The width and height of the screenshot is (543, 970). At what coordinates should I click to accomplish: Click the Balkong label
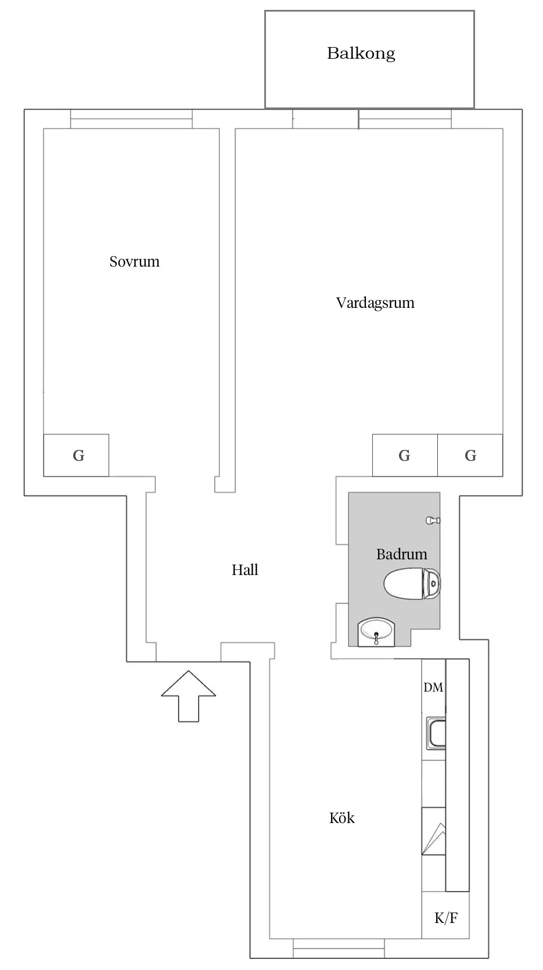pyautogui.click(x=361, y=53)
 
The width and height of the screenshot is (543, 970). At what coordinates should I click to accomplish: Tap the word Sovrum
pyautogui.click(x=134, y=261)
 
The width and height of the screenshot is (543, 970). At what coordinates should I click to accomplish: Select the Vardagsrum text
pyautogui.click(x=375, y=303)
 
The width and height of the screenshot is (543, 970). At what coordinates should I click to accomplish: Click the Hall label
pyautogui.click(x=244, y=570)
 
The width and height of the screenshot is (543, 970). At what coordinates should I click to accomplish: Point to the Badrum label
pyautogui.click(x=401, y=554)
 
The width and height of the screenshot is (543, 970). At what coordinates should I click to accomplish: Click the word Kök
pyautogui.click(x=341, y=818)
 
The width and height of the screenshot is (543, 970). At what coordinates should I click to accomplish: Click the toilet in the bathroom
pyautogui.click(x=412, y=584)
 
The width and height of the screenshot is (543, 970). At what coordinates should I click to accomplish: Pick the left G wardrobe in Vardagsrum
pyautogui.click(x=404, y=455)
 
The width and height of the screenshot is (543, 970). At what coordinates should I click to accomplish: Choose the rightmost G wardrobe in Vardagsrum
pyautogui.click(x=470, y=455)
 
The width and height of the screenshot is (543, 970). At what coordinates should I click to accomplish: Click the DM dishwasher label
pyautogui.click(x=433, y=687)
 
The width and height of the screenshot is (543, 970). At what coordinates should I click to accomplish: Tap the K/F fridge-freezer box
pyautogui.click(x=445, y=918)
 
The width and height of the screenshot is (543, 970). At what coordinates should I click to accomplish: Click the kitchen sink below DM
pyautogui.click(x=436, y=733)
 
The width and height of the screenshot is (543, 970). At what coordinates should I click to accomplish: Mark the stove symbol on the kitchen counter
pyautogui.click(x=433, y=831)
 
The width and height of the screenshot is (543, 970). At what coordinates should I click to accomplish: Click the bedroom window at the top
pyautogui.click(x=131, y=119)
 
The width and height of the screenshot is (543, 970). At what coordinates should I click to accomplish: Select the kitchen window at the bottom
pyautogui.click(x=338, y=948)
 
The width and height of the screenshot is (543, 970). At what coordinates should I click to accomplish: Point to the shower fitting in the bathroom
pyautogui.click(x=433, y=520)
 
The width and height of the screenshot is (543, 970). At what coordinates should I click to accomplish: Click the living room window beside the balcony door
pyautogui.click(x=405, y=119)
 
